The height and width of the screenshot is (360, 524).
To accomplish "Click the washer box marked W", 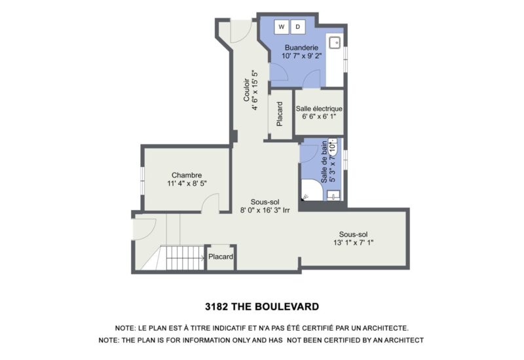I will (282, 27).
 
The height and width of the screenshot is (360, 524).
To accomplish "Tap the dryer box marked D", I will (298, 27).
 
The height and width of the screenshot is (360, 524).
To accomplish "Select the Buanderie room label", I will (301, 47).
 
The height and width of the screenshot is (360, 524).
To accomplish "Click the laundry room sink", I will (334, 43).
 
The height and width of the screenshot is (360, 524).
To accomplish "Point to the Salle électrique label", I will (319, 109).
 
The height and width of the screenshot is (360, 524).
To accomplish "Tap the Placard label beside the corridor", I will (279, 114).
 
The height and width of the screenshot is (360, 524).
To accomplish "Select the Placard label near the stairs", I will (221, 257).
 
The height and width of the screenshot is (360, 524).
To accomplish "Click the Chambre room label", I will (187, 175).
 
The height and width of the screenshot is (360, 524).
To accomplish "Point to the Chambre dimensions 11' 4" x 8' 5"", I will (187, 184).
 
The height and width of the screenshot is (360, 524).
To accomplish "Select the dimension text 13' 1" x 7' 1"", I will (354, 243).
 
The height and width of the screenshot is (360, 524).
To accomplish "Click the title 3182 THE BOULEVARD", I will (261, 306).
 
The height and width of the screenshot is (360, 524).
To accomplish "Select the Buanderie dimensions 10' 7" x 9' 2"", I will (301, 56).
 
